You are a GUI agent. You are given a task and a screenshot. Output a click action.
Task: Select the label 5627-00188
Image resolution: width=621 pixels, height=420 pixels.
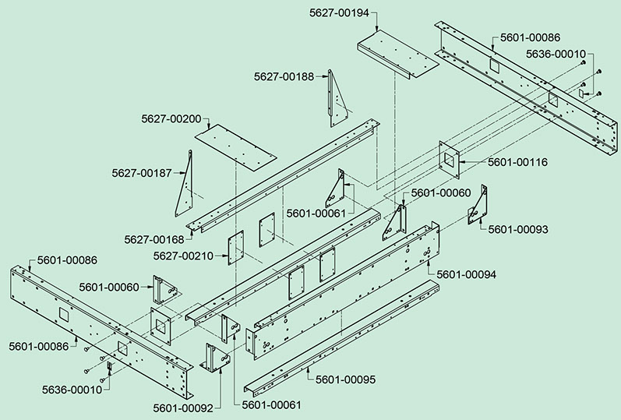(x=284, y=76)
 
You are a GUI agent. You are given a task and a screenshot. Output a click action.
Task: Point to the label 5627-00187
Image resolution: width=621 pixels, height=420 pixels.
(x=142, y=172)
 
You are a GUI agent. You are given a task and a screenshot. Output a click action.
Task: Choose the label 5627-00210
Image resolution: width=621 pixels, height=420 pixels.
(x=184, y=256)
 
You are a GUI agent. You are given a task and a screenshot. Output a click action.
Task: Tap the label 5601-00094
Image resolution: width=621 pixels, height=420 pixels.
(x=466, y=274)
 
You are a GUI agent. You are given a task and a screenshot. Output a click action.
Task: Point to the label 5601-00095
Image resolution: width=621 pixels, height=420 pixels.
(x=346, y=379)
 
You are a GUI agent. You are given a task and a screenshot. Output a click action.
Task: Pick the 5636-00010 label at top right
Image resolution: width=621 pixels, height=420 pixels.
(x=556, y=54)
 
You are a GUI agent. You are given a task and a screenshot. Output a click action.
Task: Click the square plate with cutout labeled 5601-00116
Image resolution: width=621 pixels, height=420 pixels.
(x=450, y=161)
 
